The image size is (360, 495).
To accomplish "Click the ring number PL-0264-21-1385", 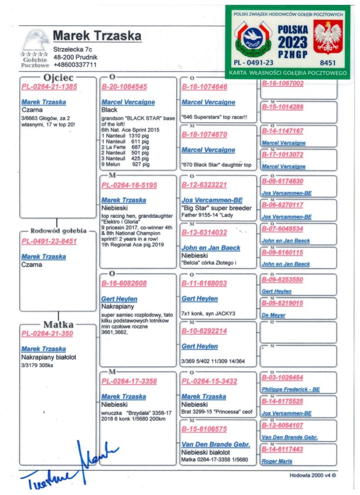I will pyautogui.click(x=49, y=86).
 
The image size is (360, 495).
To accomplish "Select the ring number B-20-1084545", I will pyautogui.click(x=124, y=86).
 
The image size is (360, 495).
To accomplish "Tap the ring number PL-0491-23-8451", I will pyautogui.click(x=49, y=241).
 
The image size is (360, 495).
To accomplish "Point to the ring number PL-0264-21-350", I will pyautogui.click(x=47, y=333).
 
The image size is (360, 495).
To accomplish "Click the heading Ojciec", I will pyautogui.click(x=58, y=78).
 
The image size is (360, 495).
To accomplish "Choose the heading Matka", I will pyautogui.click(x=58, y=324).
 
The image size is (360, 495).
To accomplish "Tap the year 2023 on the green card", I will pyautogui.click(x=292, y=42).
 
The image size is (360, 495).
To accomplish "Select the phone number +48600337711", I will pyautogui.click(x=75, y=65).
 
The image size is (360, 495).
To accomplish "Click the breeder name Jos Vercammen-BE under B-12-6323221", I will pyautogui.click(x=211, y=200).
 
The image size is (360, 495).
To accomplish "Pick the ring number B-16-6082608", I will pyautogui.click(x=124, y=283).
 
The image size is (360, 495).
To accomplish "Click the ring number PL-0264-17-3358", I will pyautogui.click(x=129, y=381).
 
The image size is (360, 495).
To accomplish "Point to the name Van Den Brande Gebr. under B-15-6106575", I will pyautogui.click(x=216, y=445).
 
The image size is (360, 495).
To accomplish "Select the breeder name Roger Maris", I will pyautogui.click(x=277, y=461).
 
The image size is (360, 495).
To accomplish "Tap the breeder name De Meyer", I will pyautogui.click(x=273, y=315).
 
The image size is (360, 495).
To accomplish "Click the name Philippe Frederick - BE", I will pyautogui.click(x=291, y=389).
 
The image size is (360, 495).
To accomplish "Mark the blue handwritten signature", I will pyautogui.click(x=72, y=468).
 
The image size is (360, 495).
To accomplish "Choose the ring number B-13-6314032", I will pyautogui.click(x=204, y=233).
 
